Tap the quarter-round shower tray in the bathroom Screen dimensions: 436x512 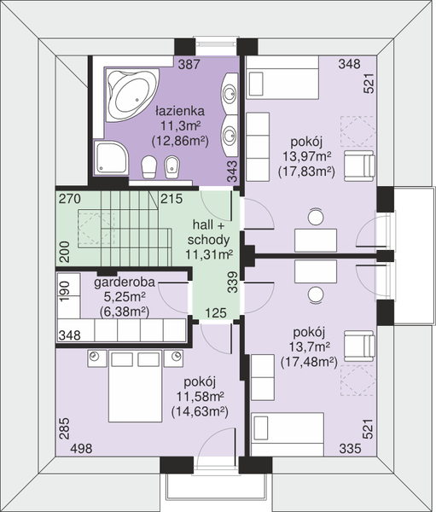click(111, 158)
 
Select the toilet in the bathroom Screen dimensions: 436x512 click(149, 167)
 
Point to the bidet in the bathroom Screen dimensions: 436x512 click(171, 167)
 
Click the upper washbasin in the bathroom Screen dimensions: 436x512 click(230, 93)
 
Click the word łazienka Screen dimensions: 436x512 click(180, 111)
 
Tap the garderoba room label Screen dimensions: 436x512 click(125, 282)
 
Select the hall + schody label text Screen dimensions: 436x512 click(209, 232)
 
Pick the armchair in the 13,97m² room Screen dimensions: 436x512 click(359, 166)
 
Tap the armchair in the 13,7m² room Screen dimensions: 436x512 click(358, 346)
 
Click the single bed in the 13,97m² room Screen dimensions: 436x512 click(282, 78)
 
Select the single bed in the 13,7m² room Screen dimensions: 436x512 click(288, 434)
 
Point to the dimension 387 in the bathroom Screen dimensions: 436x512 click(189, 64)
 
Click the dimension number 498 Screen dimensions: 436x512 click(81, 449)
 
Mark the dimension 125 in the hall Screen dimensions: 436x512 click(216, 313)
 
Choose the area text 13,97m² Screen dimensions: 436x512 click(307, 156)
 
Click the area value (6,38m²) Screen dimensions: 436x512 click(125, 311)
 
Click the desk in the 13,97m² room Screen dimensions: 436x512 click(316, 241)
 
